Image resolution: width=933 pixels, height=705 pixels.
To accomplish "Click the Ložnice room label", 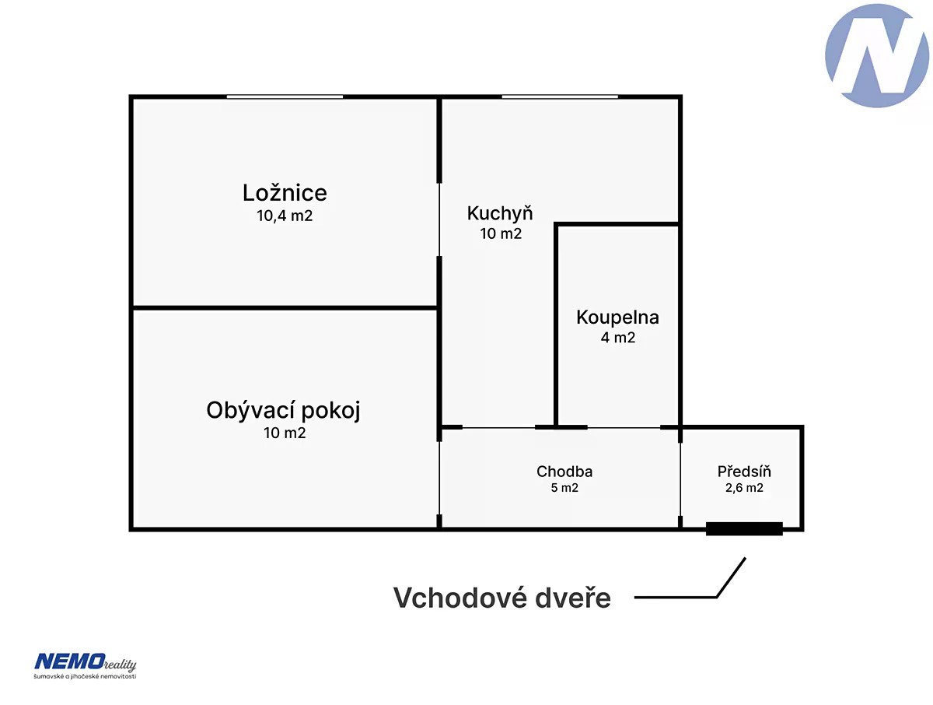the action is click(x=285, y=193).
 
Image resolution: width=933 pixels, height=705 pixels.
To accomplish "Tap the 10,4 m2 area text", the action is click(x=285, y=216).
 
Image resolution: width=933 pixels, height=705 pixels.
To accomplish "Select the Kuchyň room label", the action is click(x=499, y=214).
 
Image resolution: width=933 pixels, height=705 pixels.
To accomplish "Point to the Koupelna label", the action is click(x=617, y=317).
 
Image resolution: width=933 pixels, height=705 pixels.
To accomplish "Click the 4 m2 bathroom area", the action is click(x=617, y=338).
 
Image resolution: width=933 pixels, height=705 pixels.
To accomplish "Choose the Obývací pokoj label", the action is click(x=283, y=411).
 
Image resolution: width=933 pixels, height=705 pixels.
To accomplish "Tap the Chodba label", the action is click(x=564, y=471).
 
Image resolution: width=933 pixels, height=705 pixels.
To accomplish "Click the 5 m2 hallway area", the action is click(x=564, y=488).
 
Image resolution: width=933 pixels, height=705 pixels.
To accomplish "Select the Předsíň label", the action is click(x=743, y=471).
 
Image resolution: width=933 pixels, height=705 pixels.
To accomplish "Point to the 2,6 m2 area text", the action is click(x=744, y=488).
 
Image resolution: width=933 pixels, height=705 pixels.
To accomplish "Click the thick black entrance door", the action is click(x=744, y=528).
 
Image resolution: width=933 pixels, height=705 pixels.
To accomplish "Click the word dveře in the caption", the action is click(x=572, y=598).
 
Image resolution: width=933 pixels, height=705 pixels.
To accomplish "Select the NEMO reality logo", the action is click(x=85, y=666).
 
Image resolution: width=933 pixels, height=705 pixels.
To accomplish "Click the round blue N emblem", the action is click(x=876, y=55).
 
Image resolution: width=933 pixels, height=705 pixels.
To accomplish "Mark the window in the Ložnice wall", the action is click(x=285, y=97).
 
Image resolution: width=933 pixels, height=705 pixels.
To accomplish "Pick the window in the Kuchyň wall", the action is click(x=559, y=97).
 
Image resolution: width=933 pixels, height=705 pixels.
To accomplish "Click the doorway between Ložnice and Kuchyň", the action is click(x=439, y=220).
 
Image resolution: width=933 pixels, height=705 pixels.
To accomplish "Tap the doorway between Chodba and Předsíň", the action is click(x=680, y=479).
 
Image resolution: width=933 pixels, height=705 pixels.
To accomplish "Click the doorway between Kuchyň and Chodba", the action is click(x=498, y=427).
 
